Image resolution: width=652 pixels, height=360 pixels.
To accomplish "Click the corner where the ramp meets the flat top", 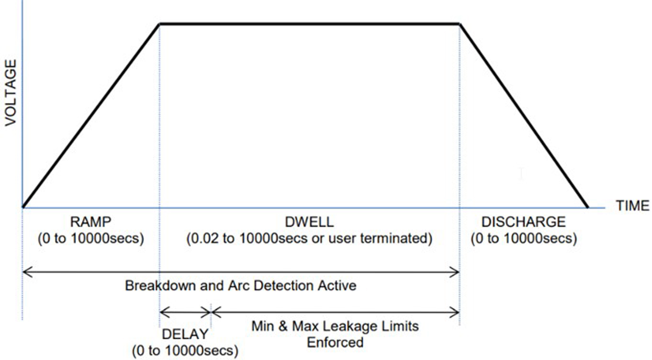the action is tap(160, 24).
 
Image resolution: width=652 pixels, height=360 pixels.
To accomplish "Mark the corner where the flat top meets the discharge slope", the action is tap(459, 24).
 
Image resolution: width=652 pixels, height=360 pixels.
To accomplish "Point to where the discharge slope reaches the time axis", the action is tap(587, 207).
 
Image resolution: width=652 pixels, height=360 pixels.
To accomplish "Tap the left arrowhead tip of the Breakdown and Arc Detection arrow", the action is tap(23, 272).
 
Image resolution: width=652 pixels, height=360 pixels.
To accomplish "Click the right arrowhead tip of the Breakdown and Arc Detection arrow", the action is tap(459, 272).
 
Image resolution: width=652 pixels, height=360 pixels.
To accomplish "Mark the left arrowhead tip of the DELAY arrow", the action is tap(160, 313).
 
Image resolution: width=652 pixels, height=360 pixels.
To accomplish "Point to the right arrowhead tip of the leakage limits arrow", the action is tap(459, 313).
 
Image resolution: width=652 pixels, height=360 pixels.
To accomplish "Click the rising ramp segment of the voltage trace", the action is tap(91, 116).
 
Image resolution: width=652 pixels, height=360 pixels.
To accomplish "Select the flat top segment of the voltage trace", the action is tap(310, 24).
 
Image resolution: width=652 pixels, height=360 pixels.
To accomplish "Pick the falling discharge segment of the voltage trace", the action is tap(524, 116).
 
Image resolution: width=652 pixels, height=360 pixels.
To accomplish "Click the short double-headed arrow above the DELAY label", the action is tap(186, 313).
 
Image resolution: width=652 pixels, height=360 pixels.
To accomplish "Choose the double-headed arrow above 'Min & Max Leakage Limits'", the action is tap(335, 313).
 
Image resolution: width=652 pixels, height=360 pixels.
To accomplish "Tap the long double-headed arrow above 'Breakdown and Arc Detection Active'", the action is tap(241, 272).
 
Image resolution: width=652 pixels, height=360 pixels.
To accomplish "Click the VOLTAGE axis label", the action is tap(11, 93).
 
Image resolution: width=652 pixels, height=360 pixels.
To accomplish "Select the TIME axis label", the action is tap(633, 206).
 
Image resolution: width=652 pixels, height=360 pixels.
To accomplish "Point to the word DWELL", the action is tap(309, 222).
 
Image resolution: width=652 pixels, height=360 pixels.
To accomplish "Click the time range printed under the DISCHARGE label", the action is tap(524, 239).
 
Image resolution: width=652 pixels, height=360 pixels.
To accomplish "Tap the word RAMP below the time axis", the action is tap(90, 222).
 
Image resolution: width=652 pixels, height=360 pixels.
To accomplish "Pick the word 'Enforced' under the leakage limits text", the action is tap(335, 343).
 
